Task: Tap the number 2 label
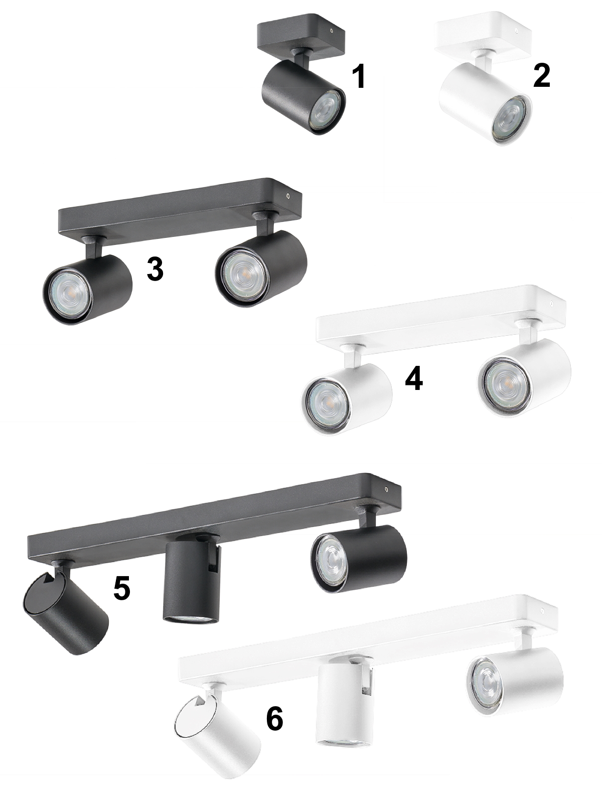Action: click(x=542, y=76)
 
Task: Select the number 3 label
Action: click(x=155, y=269)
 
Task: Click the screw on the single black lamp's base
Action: click(x=331, y=31)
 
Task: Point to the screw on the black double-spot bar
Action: click(x=288, y=196)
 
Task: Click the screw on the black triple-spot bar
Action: click(x=386, y=488)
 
